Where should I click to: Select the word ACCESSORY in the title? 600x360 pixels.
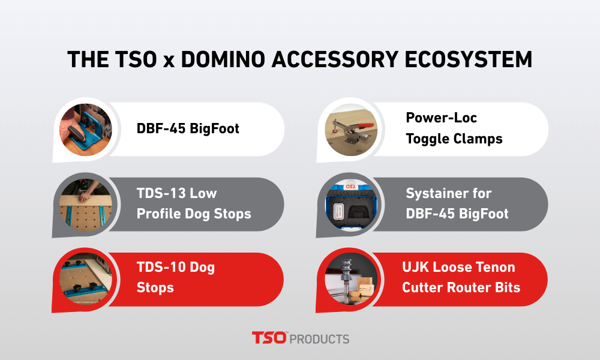331,60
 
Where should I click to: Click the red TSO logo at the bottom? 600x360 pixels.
269,338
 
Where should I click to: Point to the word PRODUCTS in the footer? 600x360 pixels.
319,339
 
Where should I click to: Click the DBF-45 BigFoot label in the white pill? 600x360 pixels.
188,129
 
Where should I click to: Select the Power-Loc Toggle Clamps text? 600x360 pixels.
454,129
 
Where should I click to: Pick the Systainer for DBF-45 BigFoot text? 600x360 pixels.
457,204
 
